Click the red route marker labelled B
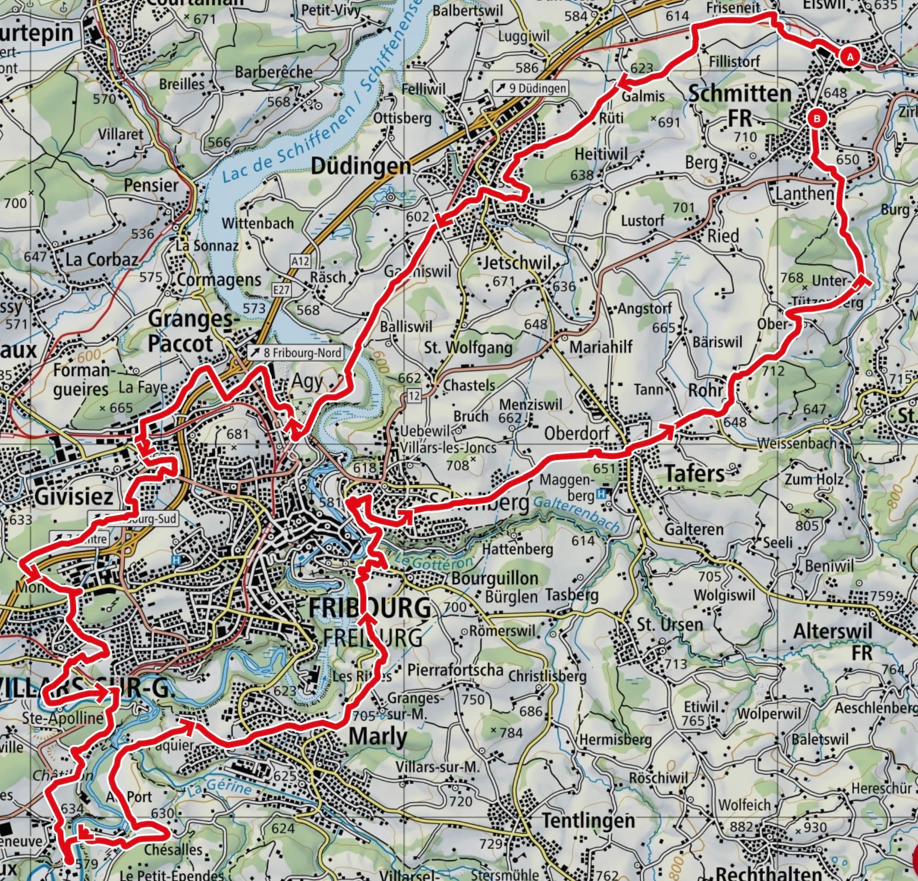pyautogui.click(x=818, y=119)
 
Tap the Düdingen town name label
pyautogui.click(x=361, y=167)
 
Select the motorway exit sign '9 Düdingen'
pyautogui.click(x=531, y=89)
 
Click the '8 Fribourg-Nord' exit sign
pyautogui.click(x=296, y=353)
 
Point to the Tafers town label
pyautogui.click(x=695, y=473)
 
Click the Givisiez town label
pyautogui.click(x=74, y=496)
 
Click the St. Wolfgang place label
pyautogui.click(x=468, y=348)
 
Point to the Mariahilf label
pyautogui.click(x=601, y=347)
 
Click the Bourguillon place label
pyautogui.click(x=494, y=578)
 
